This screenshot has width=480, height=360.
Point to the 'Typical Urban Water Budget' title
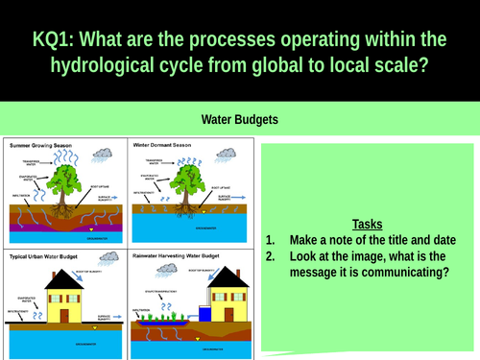pos(48,259)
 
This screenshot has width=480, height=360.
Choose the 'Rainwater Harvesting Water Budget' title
pos(180,259)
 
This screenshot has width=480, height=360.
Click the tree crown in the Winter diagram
pos(194,173)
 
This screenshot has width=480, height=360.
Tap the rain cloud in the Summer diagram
pos(103,153)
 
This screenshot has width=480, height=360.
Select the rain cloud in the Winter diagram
pos(228,153)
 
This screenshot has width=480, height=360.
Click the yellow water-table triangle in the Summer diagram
pos(91,230)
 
